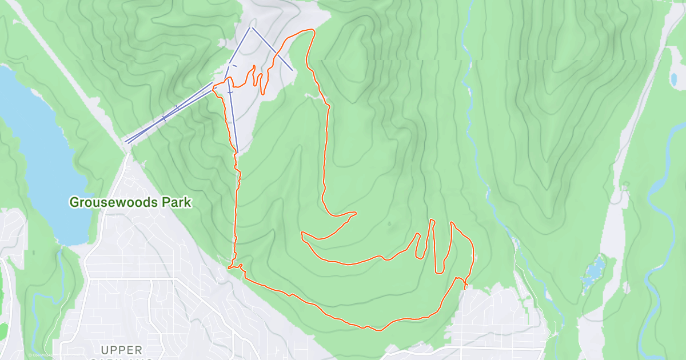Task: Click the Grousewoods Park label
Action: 130,202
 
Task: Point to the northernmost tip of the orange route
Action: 312,30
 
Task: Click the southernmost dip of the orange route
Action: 377,330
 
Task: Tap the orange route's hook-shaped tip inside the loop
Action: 355,214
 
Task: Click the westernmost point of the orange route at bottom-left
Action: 229,267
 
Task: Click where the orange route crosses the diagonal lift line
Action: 276,54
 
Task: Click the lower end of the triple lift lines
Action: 126,142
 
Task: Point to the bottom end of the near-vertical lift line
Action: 237,153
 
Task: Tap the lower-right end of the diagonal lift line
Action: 293,70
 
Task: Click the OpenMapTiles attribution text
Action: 40,355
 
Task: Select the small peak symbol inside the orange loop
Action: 389,224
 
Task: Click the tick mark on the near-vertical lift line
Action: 230,92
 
